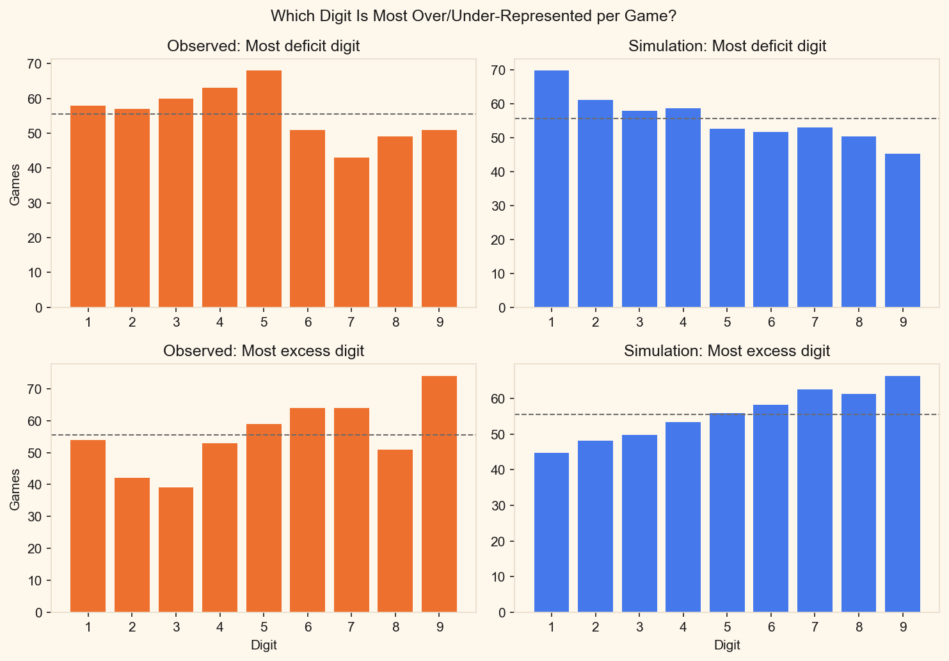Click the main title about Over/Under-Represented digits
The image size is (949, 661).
click(x=474, y=15)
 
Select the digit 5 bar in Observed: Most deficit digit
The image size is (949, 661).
click(x=264, y=189)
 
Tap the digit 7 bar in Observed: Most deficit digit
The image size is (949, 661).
click(x=351, y=233)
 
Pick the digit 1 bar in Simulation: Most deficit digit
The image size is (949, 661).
click(x=551, y=189)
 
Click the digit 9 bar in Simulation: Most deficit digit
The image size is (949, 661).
click(x=902, y=231)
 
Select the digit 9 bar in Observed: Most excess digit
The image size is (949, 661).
click(x=439, y=494)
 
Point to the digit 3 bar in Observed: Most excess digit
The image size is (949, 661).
click(x=176, y=550)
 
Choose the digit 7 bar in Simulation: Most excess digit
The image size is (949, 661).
click(x=815, y=501)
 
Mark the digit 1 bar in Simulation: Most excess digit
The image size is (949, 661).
click(x=551, y=532)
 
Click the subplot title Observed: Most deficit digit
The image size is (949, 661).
click(x=264, y=46)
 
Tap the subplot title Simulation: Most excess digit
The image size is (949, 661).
click(x=727, y=351)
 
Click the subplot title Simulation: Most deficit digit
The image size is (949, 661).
click(x=727, y=46)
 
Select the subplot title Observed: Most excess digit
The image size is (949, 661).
click(x=264, y=351)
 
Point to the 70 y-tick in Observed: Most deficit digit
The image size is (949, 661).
click(x=35, y=64)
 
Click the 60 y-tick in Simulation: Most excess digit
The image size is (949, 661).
click(x=498, y=399)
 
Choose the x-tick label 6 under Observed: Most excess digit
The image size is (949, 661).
click(x=308, y=627)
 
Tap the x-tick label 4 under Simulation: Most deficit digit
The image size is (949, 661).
click(x=683, y=322)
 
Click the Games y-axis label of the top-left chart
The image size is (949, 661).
click(x=15, y=184)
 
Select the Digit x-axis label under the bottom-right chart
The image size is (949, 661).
click(x=727, y=645)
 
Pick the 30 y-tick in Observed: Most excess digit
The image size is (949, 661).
click(x=35, y=517)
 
